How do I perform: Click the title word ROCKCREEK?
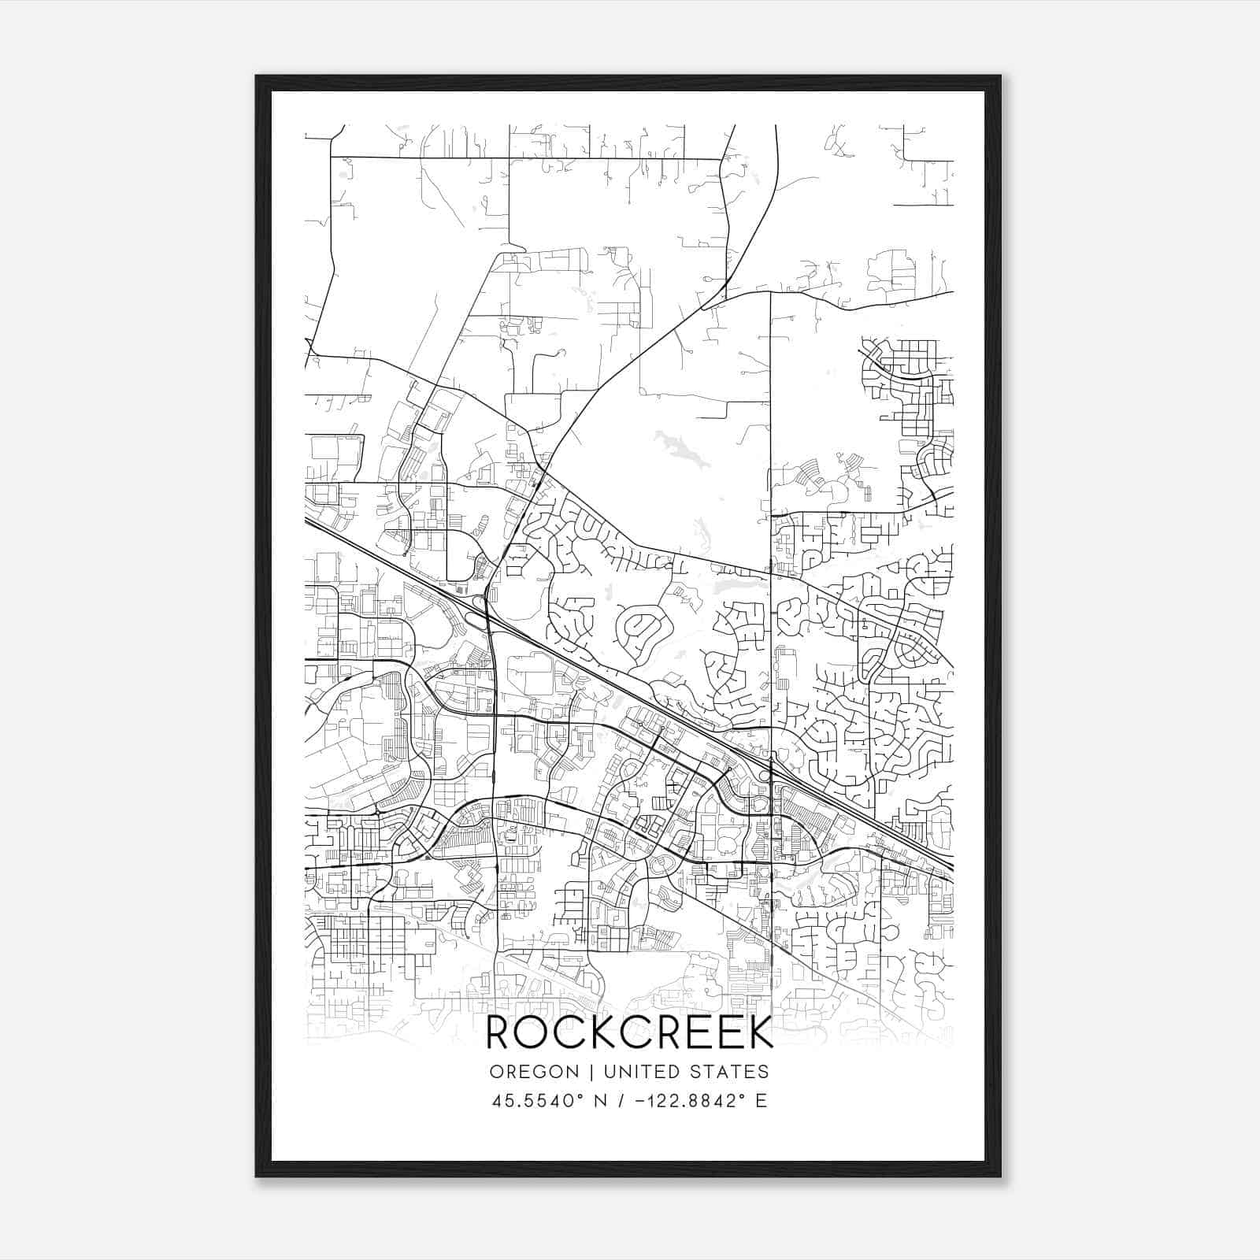tap(630, 1032)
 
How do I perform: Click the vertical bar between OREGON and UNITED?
tap(582, 1072)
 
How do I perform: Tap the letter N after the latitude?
tap(601, 1101)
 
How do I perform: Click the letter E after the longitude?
tap(761, 1101)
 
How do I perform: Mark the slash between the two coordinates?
tap(624, 1101)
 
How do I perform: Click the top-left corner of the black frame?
tap(257, 76)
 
